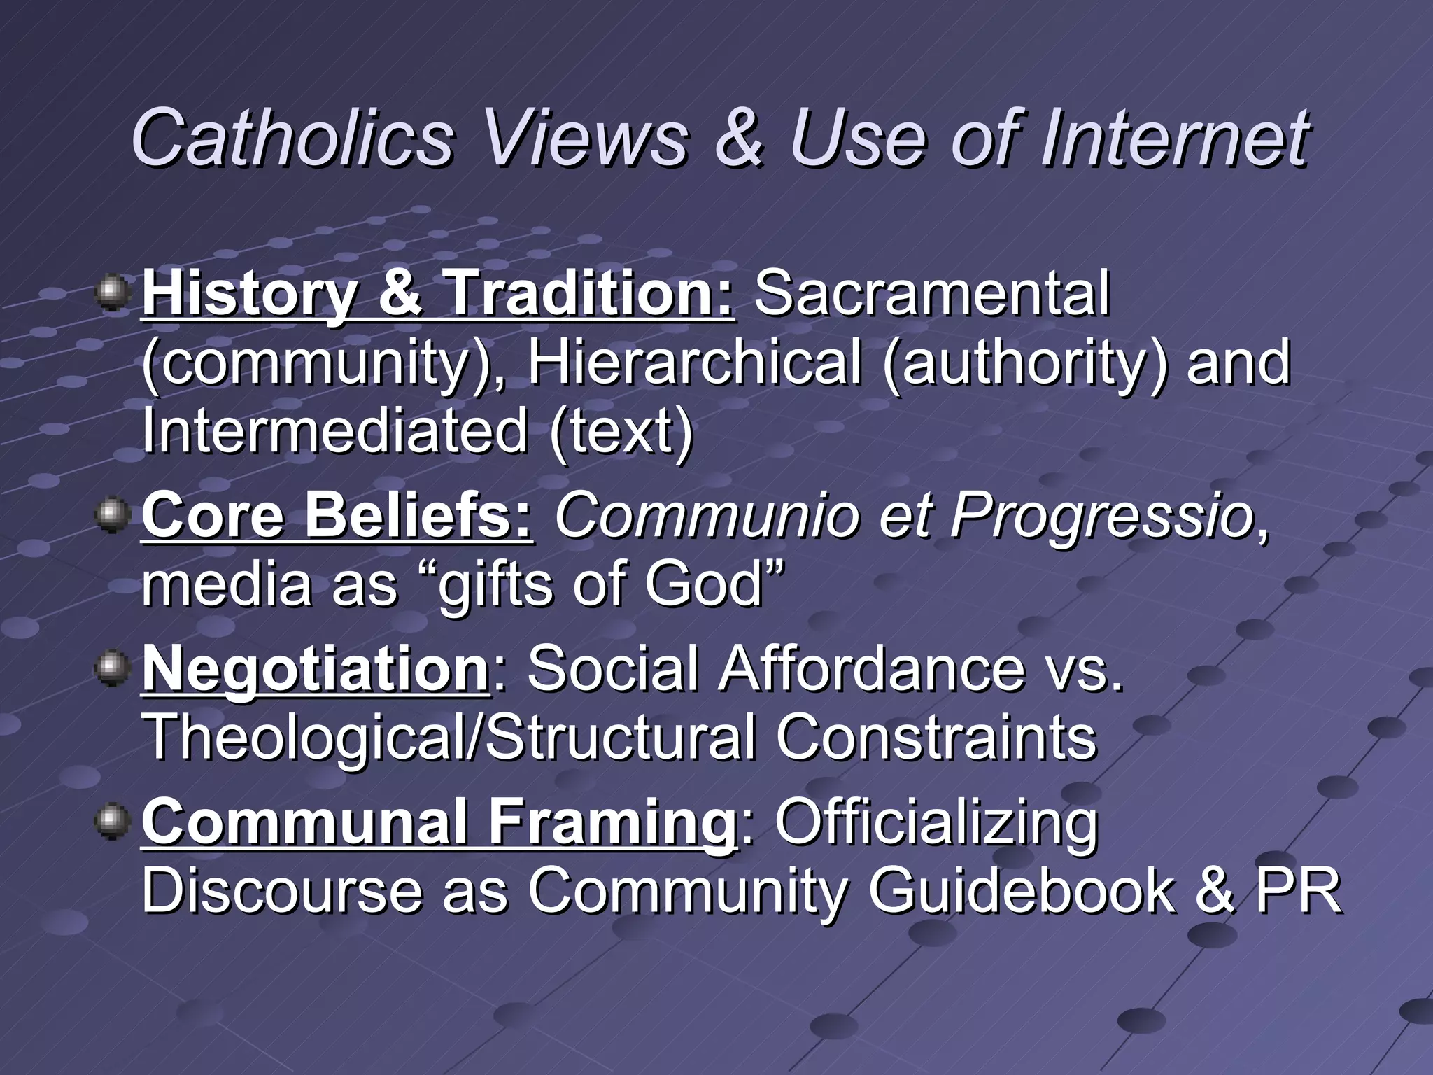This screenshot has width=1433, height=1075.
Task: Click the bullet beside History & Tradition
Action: tap(112, 293)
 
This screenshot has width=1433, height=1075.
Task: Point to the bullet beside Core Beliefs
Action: tap(112, 515)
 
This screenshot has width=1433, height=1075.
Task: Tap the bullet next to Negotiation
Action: tap(112, 668)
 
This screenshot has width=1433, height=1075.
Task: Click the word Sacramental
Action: tap(932, 293)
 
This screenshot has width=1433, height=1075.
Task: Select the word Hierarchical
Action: tap(694, 363)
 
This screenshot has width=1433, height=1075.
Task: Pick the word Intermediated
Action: tap(334, 430)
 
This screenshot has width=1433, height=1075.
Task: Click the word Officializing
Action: tap(936, 822)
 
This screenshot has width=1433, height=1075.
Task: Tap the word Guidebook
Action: tap(1022, 890)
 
